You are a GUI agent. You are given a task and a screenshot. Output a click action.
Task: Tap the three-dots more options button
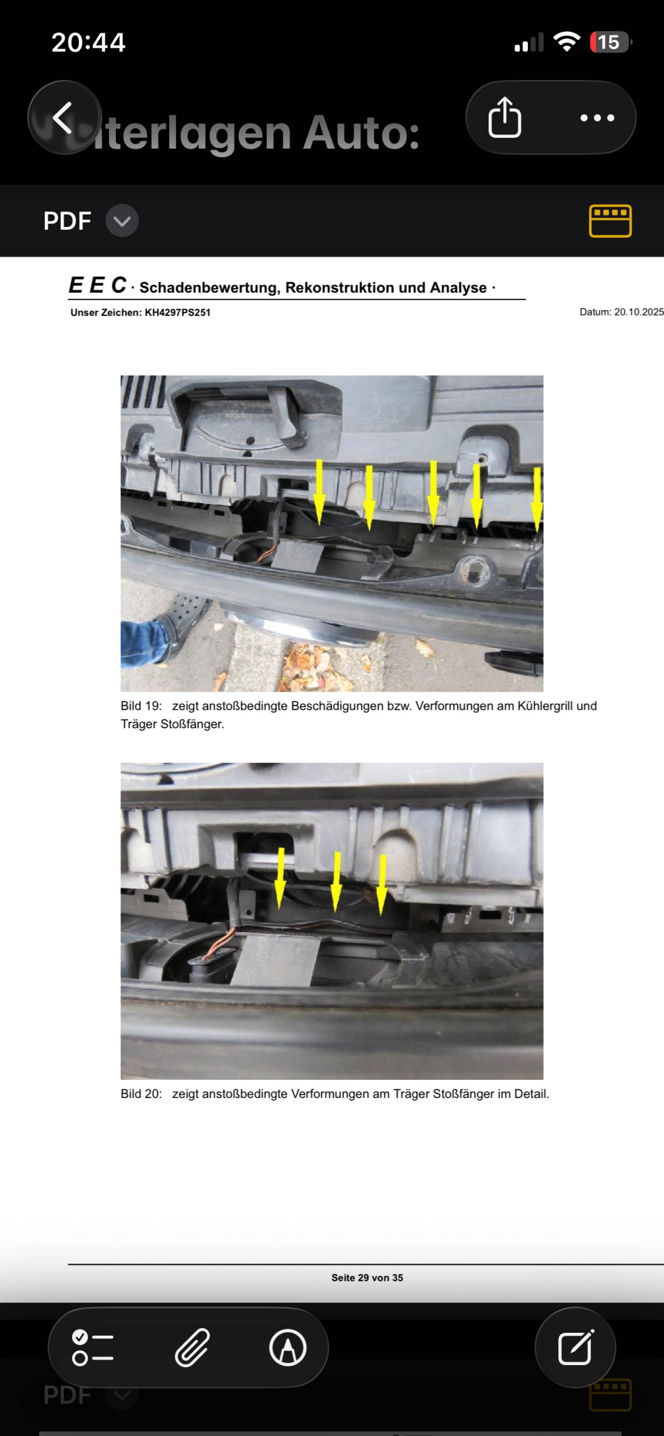click(x=597, y=118)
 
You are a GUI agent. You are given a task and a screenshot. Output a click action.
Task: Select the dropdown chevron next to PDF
click(x=122, y=221)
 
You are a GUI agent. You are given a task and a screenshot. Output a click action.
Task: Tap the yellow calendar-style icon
click(x=610, y=221)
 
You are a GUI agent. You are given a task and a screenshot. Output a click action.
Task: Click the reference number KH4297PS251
click(x=178, y=313)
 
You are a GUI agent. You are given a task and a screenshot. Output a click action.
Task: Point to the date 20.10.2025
click(x=639, y=312)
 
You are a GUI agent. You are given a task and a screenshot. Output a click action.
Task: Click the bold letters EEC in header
click(x=98, y=285)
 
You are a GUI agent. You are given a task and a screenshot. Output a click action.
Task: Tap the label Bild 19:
click(x=141, y=706)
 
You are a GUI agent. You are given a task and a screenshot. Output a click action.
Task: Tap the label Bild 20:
click(x=141, y=1094)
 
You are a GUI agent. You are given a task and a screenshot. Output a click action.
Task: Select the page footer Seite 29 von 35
click(x=367, y=1278)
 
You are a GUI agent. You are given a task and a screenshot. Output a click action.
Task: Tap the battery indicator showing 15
click(x=610, y=42)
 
